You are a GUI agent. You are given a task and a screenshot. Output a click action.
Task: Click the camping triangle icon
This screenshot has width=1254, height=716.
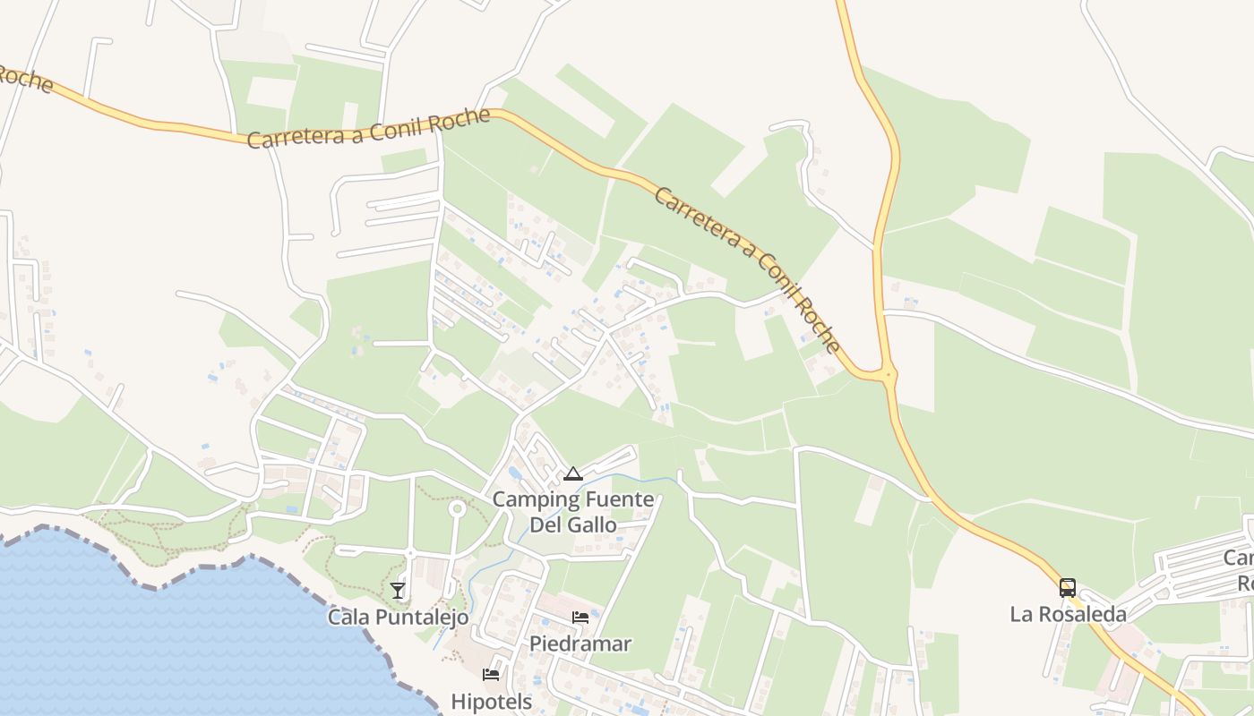[573, 474]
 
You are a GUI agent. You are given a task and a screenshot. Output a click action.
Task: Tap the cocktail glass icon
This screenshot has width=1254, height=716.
[398, 591]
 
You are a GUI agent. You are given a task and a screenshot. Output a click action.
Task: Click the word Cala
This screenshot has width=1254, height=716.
[348, 617]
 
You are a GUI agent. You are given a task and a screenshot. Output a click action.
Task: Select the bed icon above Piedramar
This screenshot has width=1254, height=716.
[580, 618]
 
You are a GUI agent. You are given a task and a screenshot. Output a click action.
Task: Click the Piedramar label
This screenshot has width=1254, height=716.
[580, 644]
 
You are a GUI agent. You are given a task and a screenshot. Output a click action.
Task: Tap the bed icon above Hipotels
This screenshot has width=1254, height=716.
[491, 674]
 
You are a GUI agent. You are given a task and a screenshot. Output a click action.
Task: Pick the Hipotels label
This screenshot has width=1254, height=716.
[491, 701]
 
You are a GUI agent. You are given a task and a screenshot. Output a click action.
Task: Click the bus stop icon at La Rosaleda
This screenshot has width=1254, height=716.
[1068, 588]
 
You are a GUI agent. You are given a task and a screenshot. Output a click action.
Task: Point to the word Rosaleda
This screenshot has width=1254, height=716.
[1080, 614]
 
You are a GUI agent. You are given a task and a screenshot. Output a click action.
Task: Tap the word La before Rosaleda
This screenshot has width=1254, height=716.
[1020, 614]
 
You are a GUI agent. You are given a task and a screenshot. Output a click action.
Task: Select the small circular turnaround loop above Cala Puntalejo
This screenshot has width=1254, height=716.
[457, 509]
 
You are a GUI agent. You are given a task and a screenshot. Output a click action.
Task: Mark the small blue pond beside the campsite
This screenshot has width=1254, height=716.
[513, 473]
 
